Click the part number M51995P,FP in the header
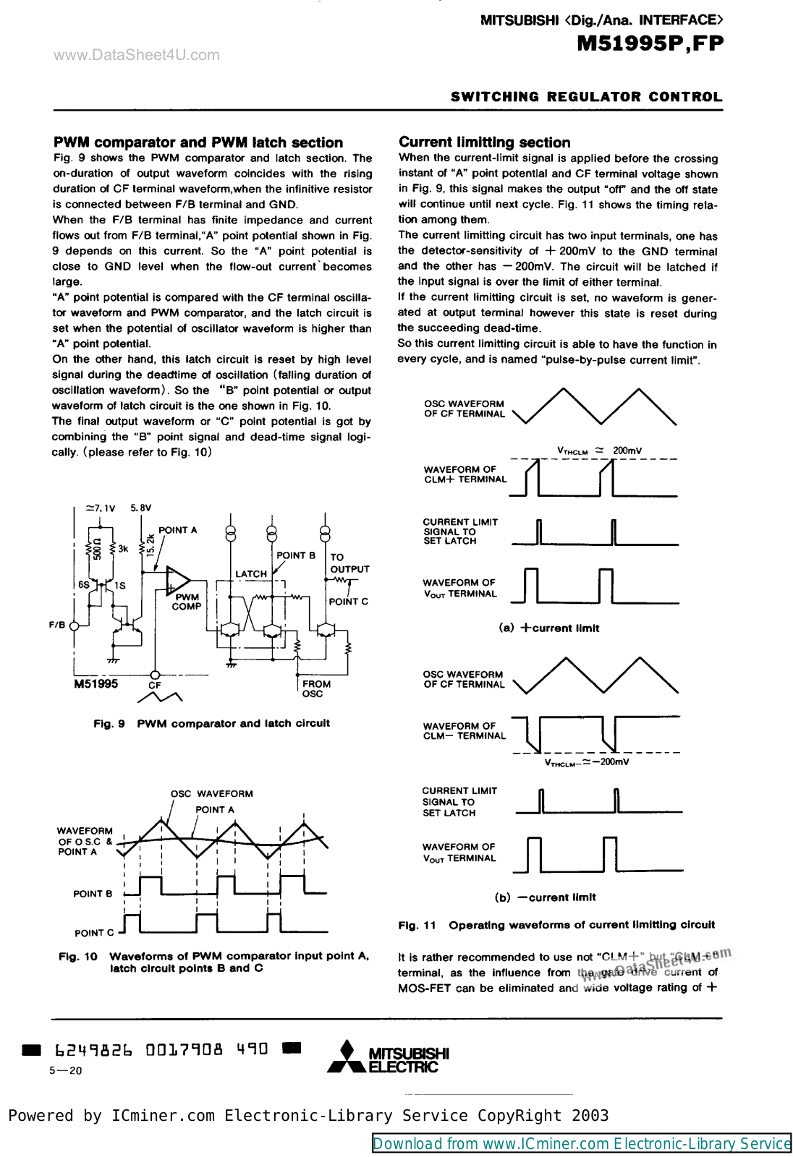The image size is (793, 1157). [650, 44]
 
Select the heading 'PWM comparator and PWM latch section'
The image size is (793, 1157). [198, 142]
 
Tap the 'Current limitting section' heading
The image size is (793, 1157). [484, 142]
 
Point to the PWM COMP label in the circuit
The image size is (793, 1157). [187, 602]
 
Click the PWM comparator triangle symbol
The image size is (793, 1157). [177, 580]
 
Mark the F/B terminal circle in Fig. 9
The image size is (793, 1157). [74, 625]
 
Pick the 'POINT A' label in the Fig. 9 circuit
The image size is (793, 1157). [178, 530]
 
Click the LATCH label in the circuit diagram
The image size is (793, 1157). [251, 574]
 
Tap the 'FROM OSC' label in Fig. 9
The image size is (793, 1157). [315, 688]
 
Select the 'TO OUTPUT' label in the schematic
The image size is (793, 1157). [349, 563]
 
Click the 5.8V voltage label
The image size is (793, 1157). [141, 508]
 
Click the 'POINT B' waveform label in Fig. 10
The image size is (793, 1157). [93, 894]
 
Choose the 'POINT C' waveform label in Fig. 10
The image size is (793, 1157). [94, 933]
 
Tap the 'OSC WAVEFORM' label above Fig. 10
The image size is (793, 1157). [211, 794]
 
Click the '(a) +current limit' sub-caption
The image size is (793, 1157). [548, 628]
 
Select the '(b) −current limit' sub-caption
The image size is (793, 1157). [546, 897]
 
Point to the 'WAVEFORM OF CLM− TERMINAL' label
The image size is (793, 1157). [464, 731]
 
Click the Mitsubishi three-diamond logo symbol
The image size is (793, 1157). [347, 1056]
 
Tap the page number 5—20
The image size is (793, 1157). [66, 1071]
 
